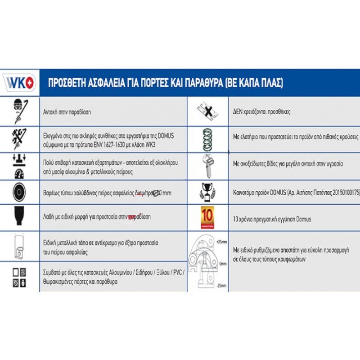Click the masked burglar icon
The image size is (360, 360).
(19, 111)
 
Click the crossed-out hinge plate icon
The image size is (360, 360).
(207, 111)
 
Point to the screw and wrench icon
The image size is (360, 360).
(207, 164)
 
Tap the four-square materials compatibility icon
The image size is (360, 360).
(19, 277)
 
